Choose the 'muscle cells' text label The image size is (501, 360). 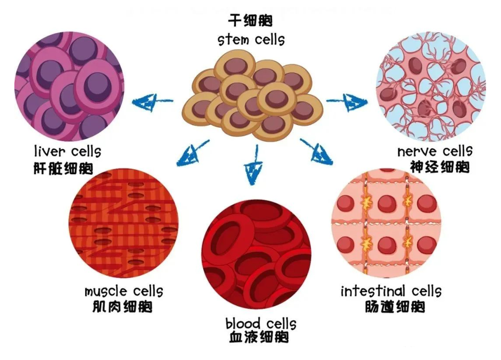(x=123, y=291)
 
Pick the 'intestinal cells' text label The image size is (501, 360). (x=390, y=291)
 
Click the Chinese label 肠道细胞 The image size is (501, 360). (x=395, y=307)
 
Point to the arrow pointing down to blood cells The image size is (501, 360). (x=254, y=165)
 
